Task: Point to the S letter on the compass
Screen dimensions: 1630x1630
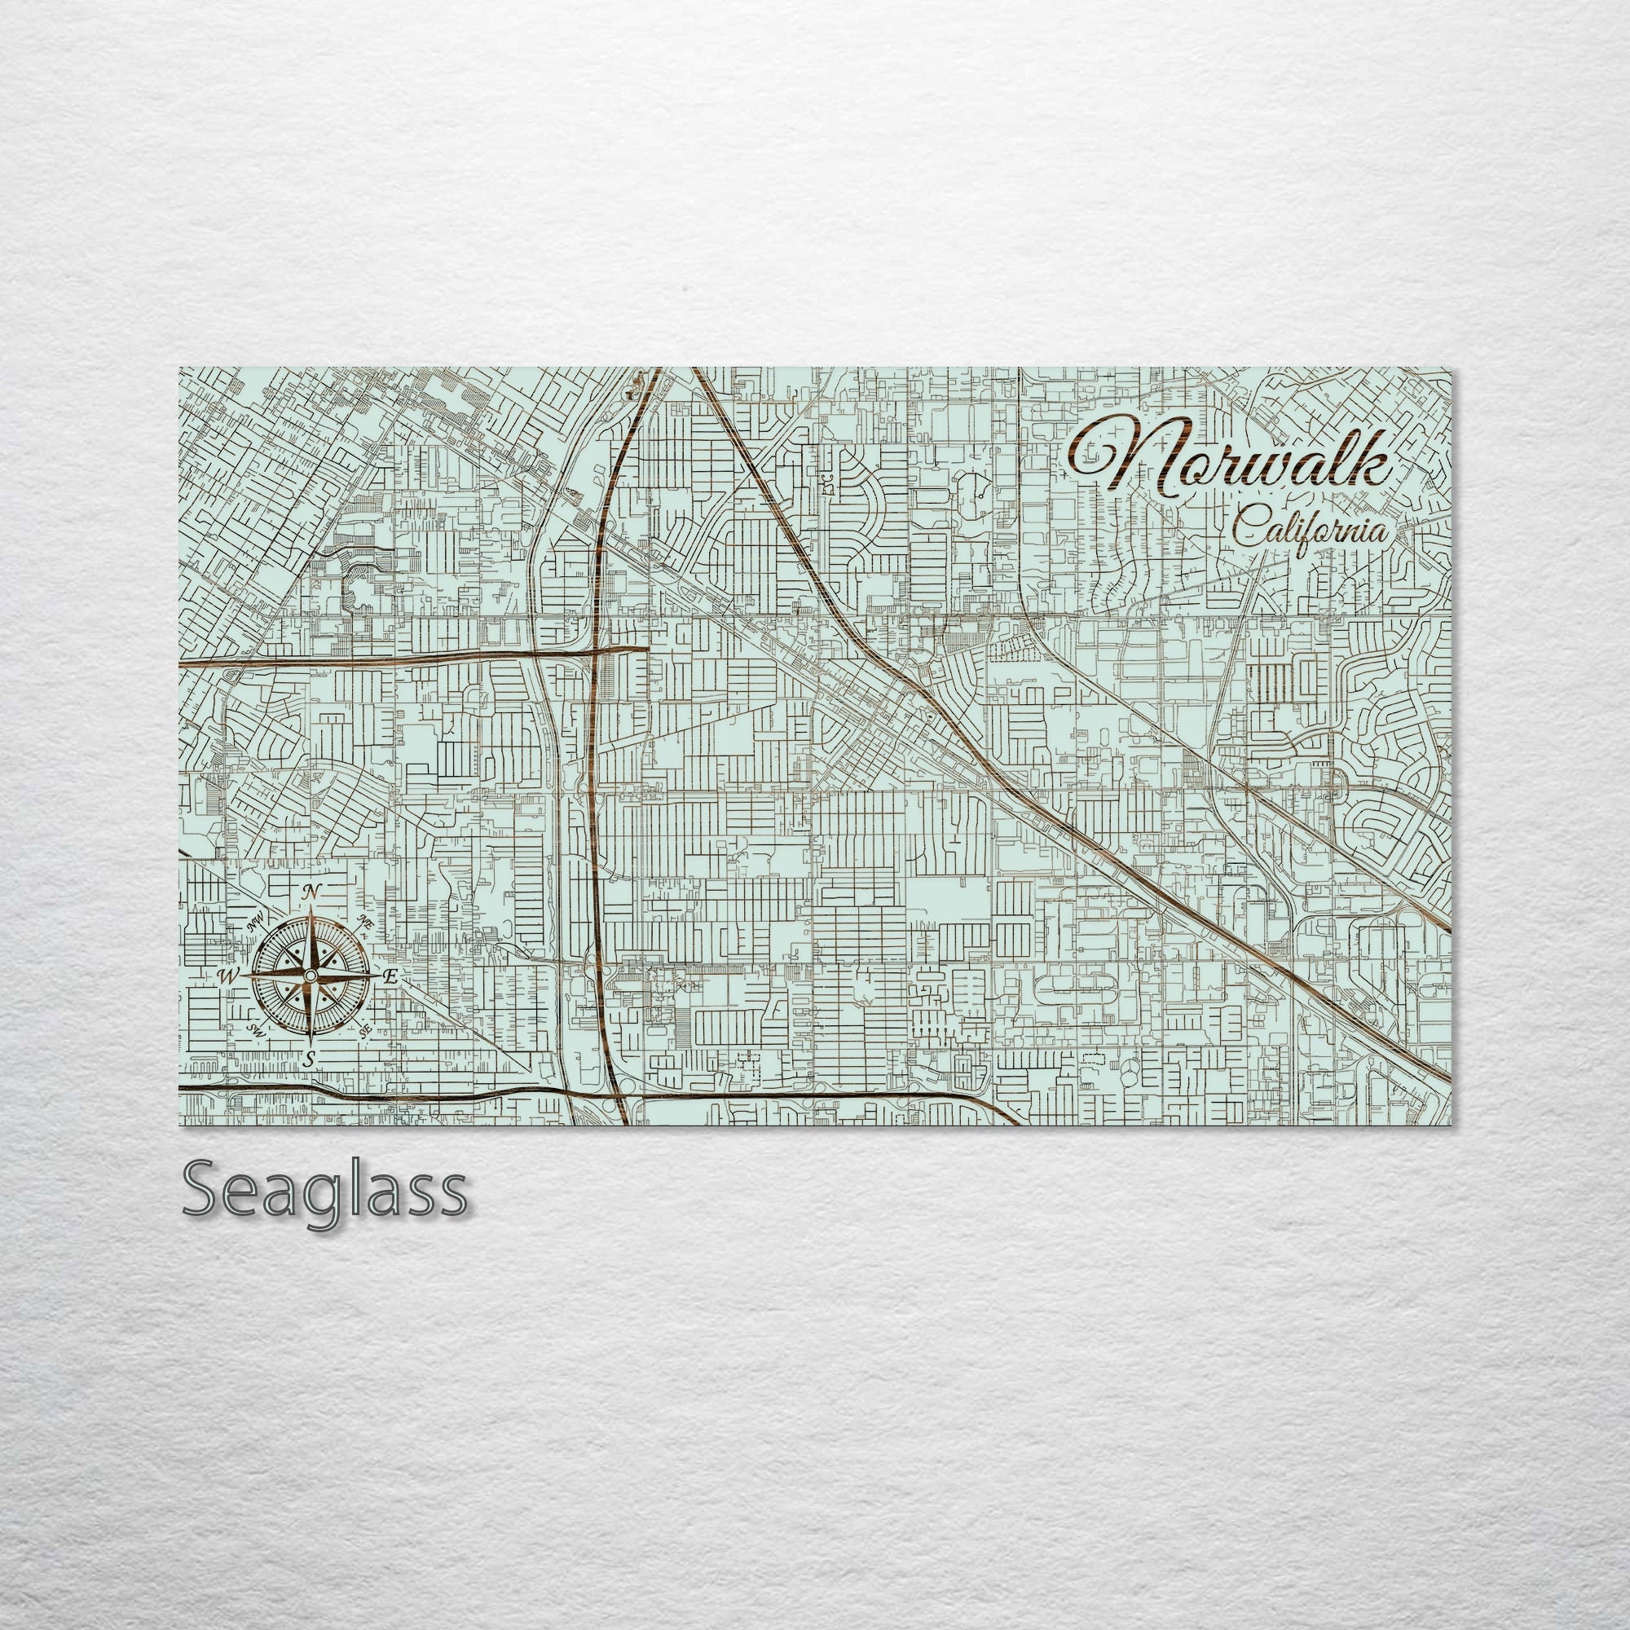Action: click(x=310, y=1059)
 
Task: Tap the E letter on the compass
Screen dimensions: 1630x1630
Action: click(x=390, y=977)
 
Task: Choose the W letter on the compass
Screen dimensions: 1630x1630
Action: click(x=227, y=977)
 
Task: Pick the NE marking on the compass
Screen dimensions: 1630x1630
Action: click(x=364, y=921)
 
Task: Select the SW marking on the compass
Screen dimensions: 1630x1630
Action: click(x=256, y=1029)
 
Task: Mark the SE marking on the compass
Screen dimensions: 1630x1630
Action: click(x=364, y=1030)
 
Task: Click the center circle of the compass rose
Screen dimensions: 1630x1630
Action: click(x=311, y=976)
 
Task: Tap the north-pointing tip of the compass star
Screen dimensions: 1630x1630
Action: click(x=311, y=906)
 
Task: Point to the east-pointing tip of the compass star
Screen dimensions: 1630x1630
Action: click(x=380, y=976)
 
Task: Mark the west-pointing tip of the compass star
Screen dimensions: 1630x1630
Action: click(x=242, y=976)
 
